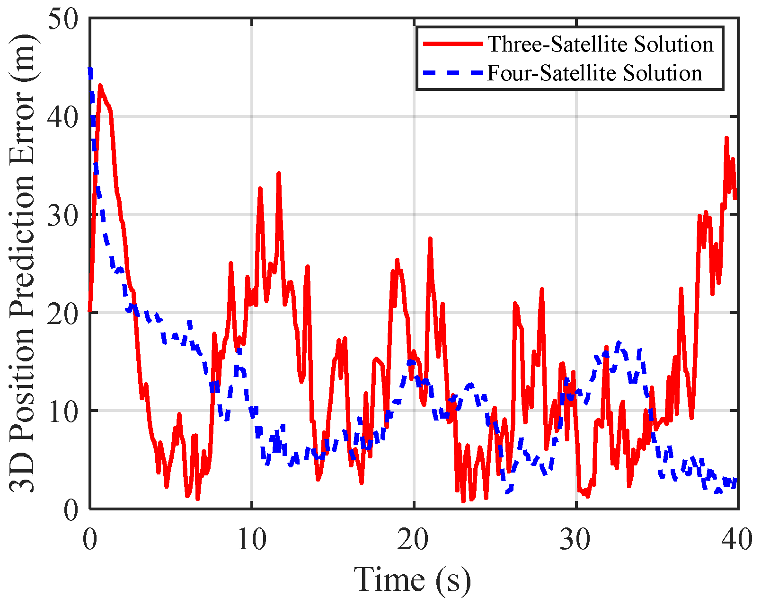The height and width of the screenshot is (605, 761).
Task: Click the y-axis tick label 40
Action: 63,116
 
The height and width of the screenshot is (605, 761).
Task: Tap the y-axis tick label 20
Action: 63,313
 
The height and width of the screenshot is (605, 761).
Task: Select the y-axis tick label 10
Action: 63,411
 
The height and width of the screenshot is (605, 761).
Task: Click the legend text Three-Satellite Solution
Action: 601,44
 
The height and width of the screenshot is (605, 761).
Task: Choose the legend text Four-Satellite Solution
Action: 594,73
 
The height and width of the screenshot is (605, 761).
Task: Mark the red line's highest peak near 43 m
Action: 100,86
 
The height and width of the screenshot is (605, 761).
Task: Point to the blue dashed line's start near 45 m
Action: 90,70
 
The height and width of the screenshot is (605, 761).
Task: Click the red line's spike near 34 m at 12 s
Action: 279,174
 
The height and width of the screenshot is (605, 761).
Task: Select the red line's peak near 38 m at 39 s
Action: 726,138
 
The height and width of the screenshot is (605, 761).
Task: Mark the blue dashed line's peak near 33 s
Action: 618,342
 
